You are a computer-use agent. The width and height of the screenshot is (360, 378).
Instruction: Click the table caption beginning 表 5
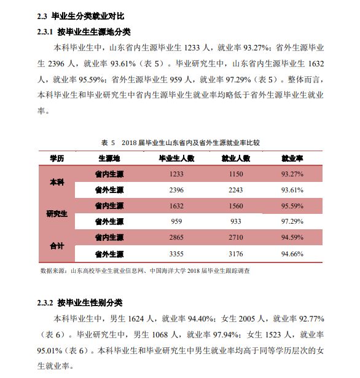tap(182, 142)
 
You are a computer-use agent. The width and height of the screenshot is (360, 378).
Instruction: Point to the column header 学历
tap(57, 159)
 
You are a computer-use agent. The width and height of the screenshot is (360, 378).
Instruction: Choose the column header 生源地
tap(108, 159)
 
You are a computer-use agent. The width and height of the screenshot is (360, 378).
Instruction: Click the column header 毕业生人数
tap(176, 159)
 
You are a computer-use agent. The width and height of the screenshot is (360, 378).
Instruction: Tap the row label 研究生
tap(57, 213)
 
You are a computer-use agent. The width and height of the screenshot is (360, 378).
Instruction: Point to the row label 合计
tap(57, 245)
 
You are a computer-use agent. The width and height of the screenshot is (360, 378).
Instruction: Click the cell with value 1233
tap(176, 174)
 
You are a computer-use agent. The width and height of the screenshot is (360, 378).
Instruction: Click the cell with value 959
tap(176, 221)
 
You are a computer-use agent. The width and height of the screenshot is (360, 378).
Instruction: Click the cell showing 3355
tap(176, 253)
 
